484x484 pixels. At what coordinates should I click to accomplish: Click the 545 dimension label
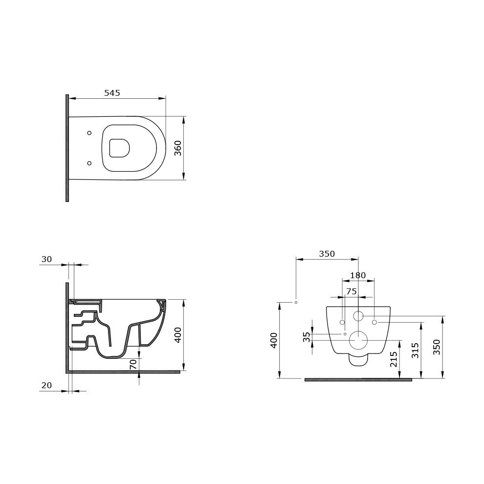click(x=112, y=93)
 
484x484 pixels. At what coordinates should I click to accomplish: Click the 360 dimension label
click(x=178, y=148)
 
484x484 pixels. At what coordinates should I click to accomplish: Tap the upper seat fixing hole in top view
click(x=89, y=133)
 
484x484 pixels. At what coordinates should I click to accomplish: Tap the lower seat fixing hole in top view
click(x=89, y=163)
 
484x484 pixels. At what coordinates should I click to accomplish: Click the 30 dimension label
click(x=46, y=259)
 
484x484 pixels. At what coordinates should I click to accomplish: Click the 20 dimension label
click(x=46, y=385)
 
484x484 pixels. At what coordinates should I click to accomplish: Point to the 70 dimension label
click(x=133, y=365)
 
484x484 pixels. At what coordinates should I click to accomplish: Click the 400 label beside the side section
click(x=178, y=335)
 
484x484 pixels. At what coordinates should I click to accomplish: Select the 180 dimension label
click(x=358, y=275)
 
